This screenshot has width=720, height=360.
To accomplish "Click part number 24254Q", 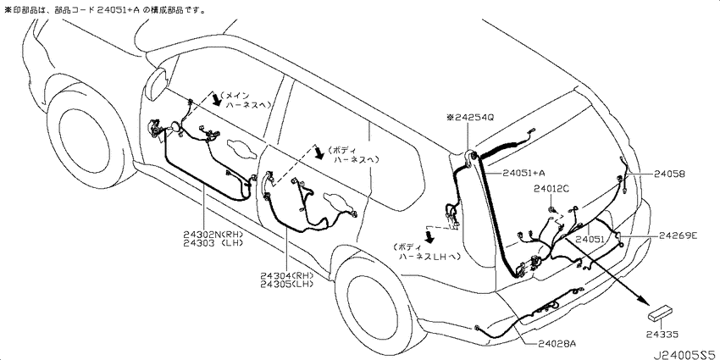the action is pyautogui.click(x=474, y=118).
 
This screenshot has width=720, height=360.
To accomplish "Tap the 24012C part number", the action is pyautogui.click(x=551, y=187).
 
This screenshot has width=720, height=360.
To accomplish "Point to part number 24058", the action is pyautogui.click(x=669, y=174).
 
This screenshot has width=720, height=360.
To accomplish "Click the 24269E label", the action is pyautogui.click(x=678, y=235).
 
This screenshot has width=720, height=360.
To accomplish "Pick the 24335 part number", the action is pyautogui.click(x=663, y=335).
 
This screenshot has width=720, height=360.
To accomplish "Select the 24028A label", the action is pyautogui.click(x=557, y=343).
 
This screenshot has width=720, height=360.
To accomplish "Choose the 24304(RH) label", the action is pyautogui.click(x=286, y=276).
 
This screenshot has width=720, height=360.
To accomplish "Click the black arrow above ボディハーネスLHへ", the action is pyautogui.click(x=430, y=237).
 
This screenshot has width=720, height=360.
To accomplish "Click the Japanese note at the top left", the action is pyautogui.click(x=105, y=9).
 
